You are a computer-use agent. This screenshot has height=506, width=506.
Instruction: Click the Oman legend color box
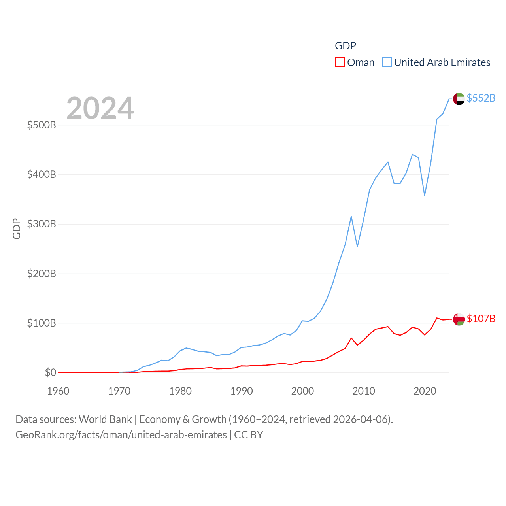(x=340, y=62)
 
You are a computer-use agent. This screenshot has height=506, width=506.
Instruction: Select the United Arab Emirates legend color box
(x=387, y=62)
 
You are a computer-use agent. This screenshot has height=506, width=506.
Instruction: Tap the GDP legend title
(x=346, y=46)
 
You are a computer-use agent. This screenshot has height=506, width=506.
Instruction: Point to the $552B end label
(x=481, y=98)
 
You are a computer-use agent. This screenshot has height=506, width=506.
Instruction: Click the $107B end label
(x=481, y=319)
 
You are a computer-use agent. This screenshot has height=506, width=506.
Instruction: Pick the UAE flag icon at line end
(x=459, y=99)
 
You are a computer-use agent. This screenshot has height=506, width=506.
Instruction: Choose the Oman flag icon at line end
(x=459, y=319)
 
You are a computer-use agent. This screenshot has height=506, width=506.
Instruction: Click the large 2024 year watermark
(x=100, y=108)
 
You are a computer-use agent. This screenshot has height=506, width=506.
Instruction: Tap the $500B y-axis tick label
(x=42, y=125)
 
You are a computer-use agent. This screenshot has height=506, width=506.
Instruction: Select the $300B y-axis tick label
(x=42, y=224)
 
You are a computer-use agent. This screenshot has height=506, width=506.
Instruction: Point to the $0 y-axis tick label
(x=51, y=372)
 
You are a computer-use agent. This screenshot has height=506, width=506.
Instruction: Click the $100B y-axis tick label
(x=42, y=323)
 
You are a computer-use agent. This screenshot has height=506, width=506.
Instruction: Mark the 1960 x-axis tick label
(x=58, y=391)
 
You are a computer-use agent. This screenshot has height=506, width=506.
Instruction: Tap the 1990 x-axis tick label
(x=242, y=391)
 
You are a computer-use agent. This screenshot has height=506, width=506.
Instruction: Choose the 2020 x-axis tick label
(x=425, y=391)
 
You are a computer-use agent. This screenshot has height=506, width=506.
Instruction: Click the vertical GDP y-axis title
(x=17, y=228)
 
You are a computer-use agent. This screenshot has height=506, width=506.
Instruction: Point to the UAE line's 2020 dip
(x=425, y=195)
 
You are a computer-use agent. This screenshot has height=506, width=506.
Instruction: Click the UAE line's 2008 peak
(x=351, y=217)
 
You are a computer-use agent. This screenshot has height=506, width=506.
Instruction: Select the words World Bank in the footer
(x=106, y=419)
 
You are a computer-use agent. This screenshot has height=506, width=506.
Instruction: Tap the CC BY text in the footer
(x=249, y=435)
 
